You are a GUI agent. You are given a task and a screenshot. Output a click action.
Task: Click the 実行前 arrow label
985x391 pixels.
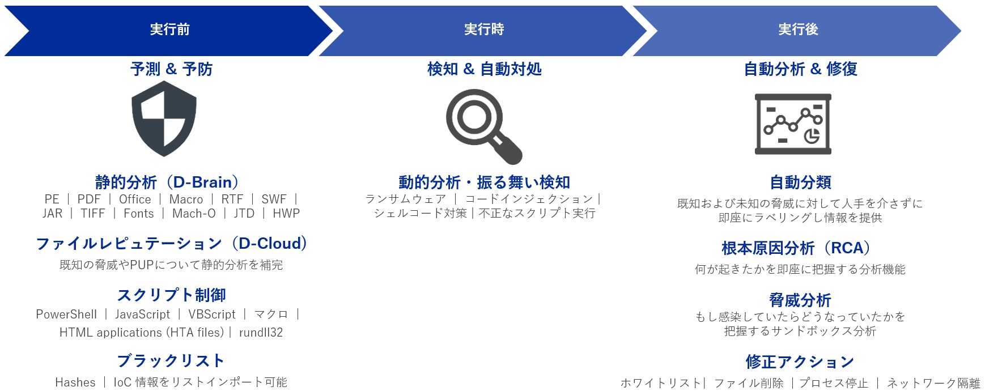(x=170, y=29)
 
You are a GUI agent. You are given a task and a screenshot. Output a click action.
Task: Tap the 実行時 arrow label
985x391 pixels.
(x=484, y=29)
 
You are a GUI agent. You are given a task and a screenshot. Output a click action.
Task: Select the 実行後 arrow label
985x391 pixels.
(x=798, y=29)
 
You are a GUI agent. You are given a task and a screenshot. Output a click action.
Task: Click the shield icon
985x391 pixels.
(x=164, y=118)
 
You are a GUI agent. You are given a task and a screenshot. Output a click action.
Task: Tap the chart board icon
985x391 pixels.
(x=793, y=124)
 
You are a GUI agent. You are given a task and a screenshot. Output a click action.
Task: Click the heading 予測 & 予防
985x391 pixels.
(x=171, y=69)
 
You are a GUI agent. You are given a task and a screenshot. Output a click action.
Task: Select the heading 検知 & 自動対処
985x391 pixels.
(x=485, y=69)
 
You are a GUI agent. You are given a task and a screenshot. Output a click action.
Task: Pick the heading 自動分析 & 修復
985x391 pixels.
(x=800, y=69)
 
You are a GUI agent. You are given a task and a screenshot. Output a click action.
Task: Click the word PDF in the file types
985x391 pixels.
(x=89, y=199)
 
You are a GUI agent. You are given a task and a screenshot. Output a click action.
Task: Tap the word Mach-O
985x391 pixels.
(x=194, y=214)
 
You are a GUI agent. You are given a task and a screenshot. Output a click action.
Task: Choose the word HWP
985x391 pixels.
(x=286, y=214)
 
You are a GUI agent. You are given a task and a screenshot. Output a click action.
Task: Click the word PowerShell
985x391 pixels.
(x=66, y=314)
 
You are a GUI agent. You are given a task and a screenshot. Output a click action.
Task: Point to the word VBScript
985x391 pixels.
(x=212, y=314)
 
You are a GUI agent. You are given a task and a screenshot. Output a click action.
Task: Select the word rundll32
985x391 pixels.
(x=261, y=333)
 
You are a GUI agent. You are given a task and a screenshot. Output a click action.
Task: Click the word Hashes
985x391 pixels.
(x=75, y=382)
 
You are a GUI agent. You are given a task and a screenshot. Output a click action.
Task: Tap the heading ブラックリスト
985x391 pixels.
(x=171, y=361)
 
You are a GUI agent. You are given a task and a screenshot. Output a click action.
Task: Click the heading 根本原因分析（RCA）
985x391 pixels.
(x=796, y=248)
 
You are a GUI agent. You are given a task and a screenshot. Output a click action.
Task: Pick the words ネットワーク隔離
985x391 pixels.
(x=933, y=383)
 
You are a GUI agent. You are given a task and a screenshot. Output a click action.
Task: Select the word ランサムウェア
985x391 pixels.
(x=406, y=199)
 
